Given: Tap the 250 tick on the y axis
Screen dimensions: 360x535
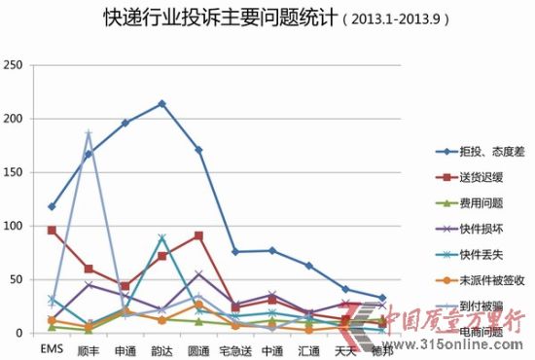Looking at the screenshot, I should click(14, 65).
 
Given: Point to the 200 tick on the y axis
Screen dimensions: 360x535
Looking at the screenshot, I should click(14, 119).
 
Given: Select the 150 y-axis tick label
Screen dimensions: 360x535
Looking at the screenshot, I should click(14, 172).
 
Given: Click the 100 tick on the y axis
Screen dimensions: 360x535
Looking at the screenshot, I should click(14, 226).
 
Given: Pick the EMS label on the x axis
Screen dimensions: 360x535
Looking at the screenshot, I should click(52, 346).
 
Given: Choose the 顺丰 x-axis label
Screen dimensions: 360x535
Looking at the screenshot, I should click(89, 346).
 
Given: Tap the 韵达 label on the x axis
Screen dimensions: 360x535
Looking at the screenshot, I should click(161, 346).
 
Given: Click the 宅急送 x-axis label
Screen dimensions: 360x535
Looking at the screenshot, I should click(234, 346).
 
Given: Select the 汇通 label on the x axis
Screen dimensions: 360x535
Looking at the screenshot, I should click(308, 346).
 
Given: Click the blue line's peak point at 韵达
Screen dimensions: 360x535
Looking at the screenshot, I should click(161, 104).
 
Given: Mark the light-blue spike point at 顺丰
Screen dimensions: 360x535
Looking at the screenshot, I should click(89, 133).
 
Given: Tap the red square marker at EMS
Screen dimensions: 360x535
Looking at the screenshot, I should click(52, 231).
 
